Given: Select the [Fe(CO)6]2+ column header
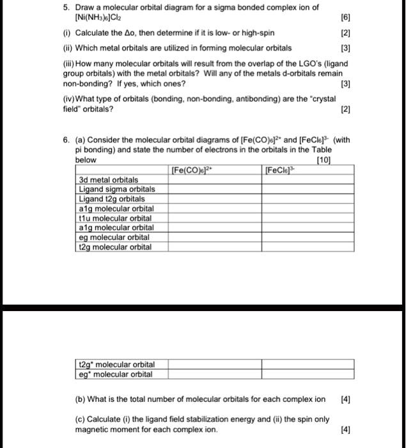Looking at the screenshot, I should click(192, 170).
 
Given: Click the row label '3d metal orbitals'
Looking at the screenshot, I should click(108, 180).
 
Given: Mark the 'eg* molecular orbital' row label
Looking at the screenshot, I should click(115, 374).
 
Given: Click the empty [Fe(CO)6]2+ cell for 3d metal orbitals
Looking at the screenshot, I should click(215, 180).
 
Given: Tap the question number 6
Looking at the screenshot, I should click(65, 141).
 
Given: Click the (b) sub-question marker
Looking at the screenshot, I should click(81, 399).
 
